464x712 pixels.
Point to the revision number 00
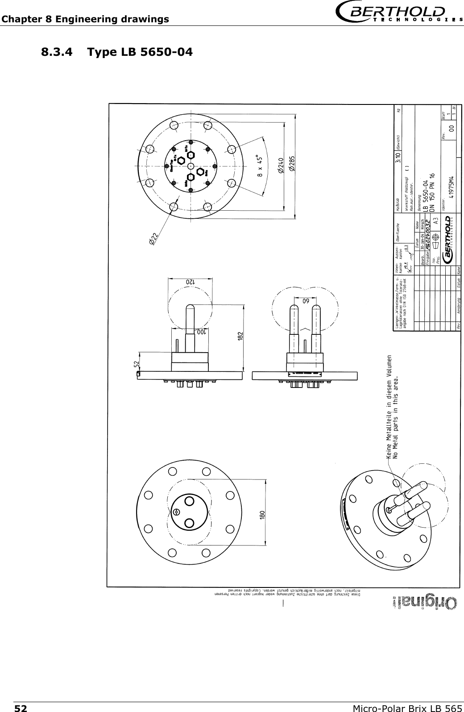(452, 128)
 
